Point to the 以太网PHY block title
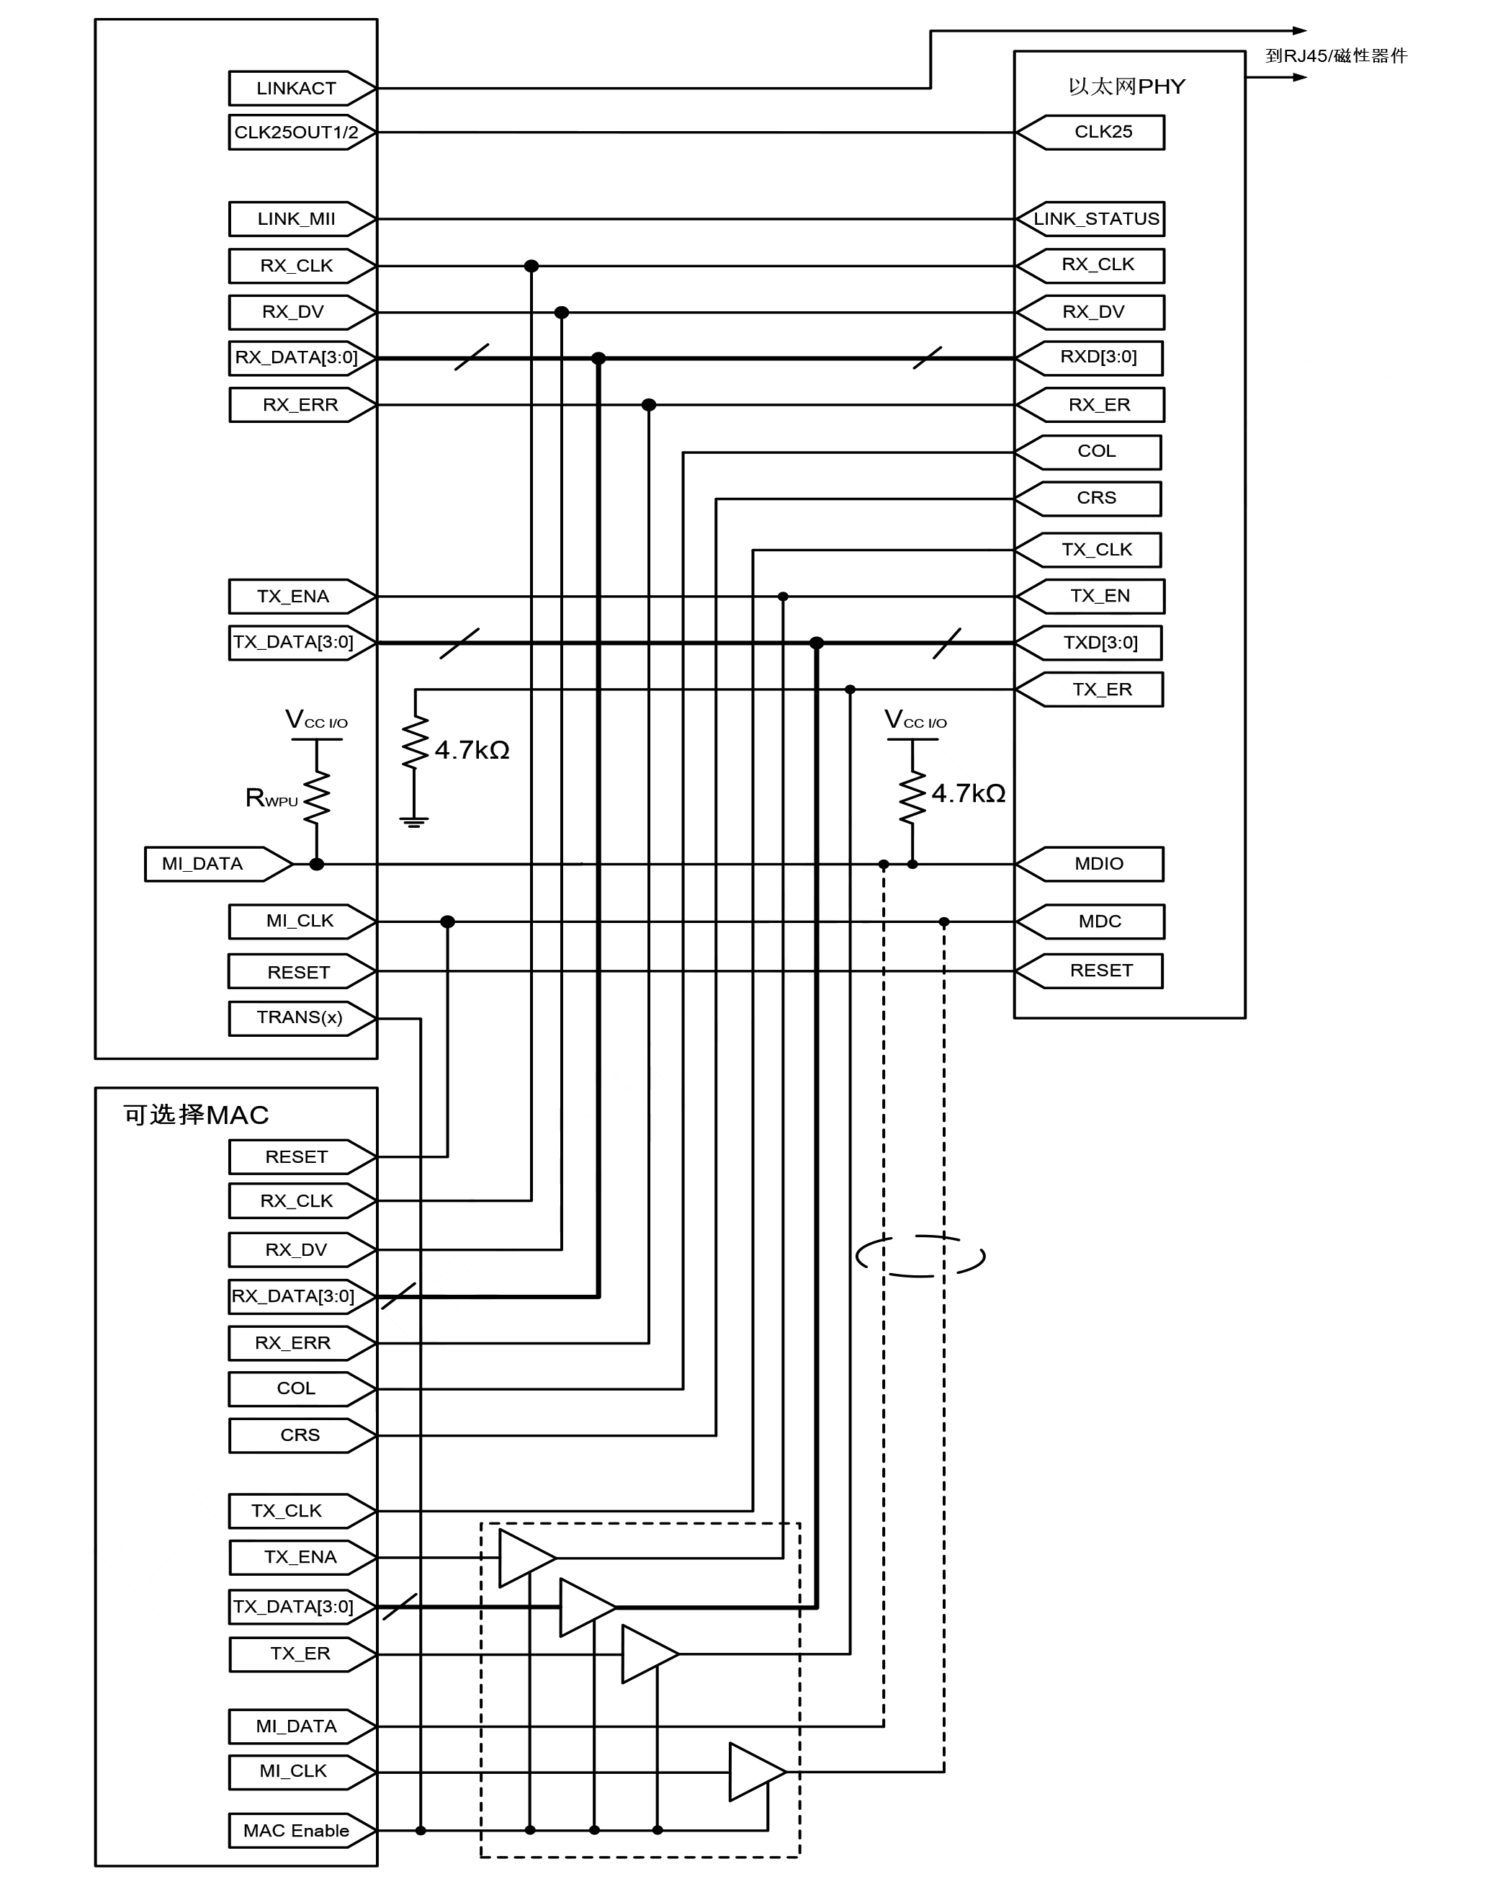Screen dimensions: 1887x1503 coord(1126,86)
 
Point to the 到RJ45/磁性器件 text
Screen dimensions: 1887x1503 coord(1336,56)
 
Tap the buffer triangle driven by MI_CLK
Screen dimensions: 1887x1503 coord(755,1772)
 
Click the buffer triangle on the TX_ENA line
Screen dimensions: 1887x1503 coord(525,1558)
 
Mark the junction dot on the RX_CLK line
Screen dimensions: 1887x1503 coord(531,266)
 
